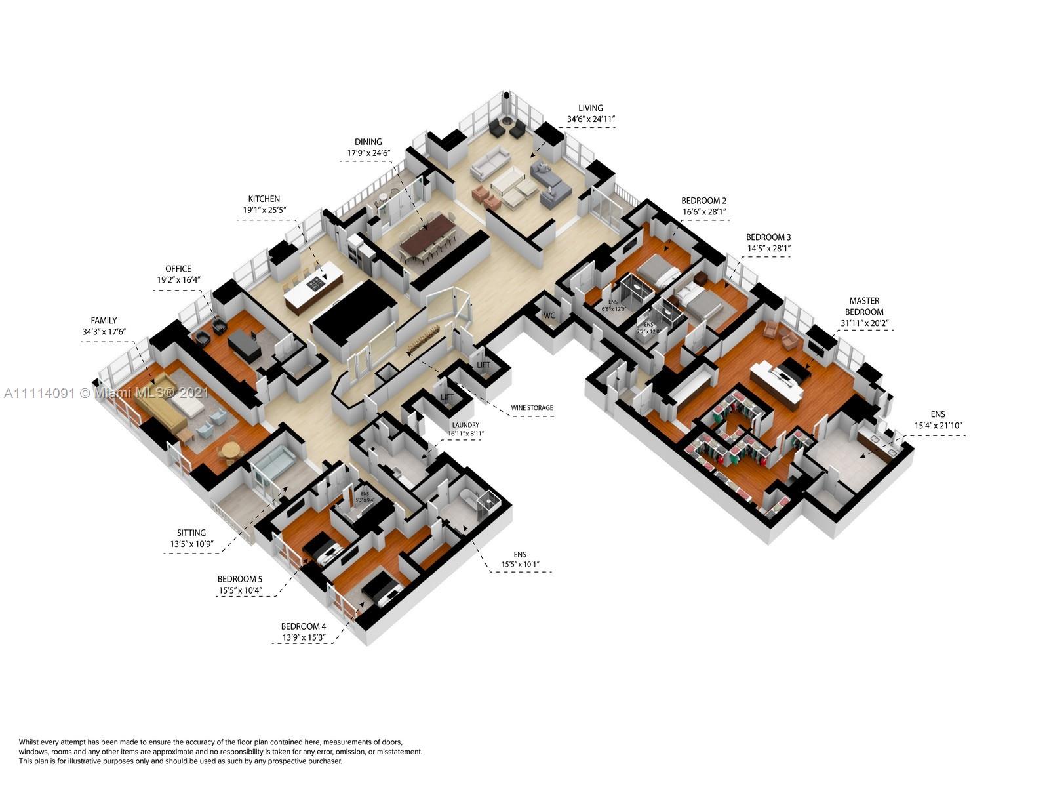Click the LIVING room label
590,108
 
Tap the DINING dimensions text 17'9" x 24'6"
368,153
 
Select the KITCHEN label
264,199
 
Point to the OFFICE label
178,269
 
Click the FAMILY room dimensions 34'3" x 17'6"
104,332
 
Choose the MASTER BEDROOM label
864,306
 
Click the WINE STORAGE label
532,408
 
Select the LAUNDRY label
465,425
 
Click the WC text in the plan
549,315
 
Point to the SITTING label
191,533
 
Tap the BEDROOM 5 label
240,579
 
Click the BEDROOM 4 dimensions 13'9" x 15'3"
304,637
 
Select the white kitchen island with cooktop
313,287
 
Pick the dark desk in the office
244,344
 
